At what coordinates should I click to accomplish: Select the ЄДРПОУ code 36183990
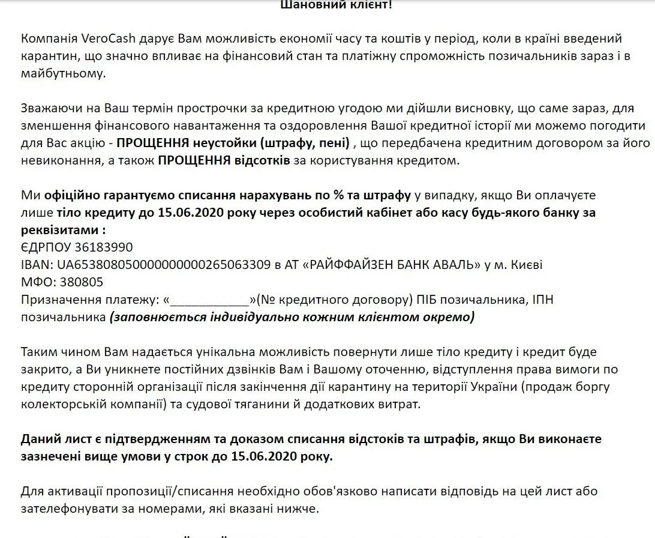tap(103, 248)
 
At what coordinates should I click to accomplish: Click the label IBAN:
tap(36, 265)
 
